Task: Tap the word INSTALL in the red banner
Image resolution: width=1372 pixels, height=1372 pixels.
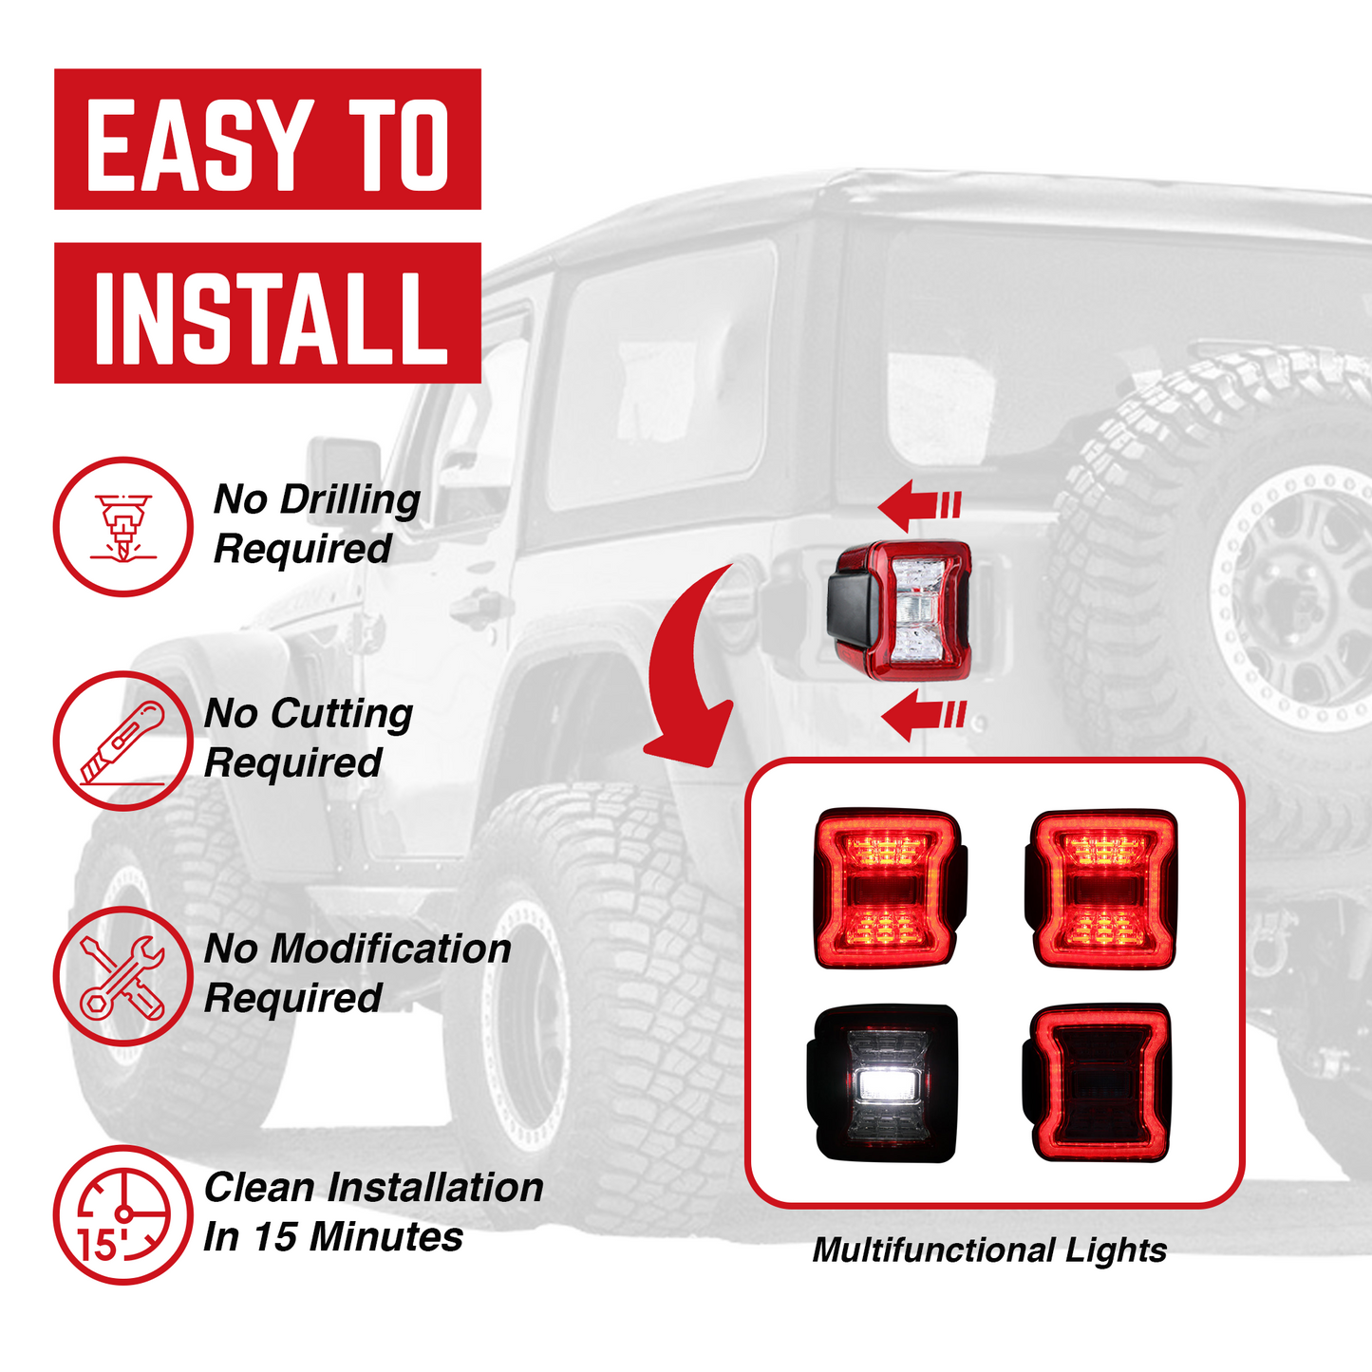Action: tap(270, 317)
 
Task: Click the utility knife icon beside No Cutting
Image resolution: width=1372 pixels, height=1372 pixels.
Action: tap(122, 741)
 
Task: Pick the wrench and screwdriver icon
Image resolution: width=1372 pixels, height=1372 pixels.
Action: tap(122, 976)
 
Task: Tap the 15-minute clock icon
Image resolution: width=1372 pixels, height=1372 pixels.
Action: tap(122, 1215)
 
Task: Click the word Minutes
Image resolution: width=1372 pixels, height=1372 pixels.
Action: tap(385, 1237)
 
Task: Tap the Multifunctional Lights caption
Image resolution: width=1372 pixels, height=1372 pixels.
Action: tap(989, 1250)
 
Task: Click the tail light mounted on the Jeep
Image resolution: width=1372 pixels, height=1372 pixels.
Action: tap(902, 611)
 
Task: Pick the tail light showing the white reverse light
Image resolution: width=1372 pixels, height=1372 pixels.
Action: tap(883, 1083)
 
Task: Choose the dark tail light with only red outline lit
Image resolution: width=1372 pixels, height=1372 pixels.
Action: tap(1097, 1083)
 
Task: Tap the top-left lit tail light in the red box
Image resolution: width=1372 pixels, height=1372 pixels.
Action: tap(888, 888)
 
